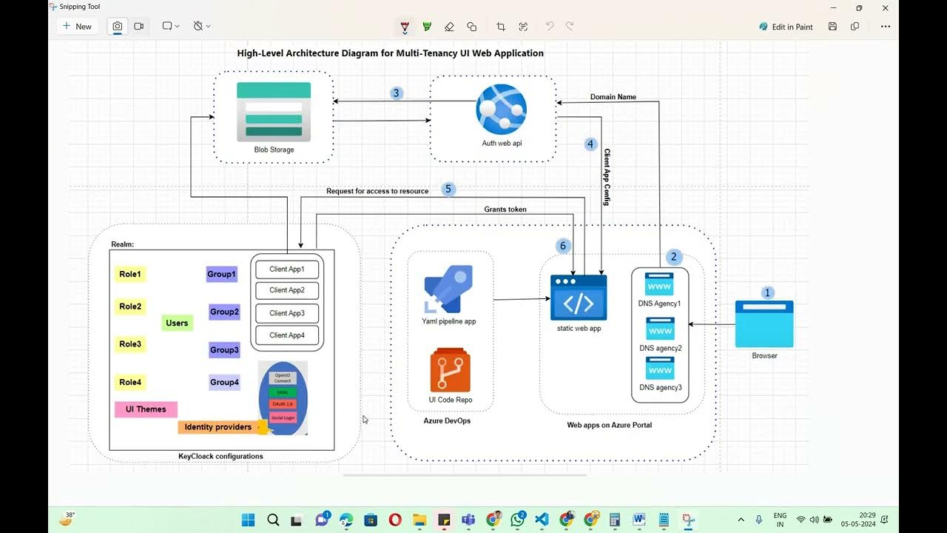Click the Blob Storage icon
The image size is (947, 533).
(x=274, y=112)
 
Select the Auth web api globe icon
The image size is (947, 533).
(x=501, y=110)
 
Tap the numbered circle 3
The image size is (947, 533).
(x=397, y=93)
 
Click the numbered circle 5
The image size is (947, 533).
(x=448, y=190)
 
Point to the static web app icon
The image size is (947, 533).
(x=579, y=297)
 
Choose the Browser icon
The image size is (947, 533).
(x=764, y=324)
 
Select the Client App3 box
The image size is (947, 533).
(x=287, y=313)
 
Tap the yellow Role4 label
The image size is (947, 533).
(x=130, y=383)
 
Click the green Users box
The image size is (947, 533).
(x=177, y=323)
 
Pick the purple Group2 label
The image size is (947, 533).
(x=224, y=312)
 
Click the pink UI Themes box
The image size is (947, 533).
(x=146, y=409)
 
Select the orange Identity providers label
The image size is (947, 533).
(x=218, y=427)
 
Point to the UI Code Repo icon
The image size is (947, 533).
(x=450, y=371)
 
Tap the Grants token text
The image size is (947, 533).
(x=505, y=209)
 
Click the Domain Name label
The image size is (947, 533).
(x=613, y=97)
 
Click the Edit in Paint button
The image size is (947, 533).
(x=786, y=27)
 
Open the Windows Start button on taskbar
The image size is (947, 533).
(x=248, y=520)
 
